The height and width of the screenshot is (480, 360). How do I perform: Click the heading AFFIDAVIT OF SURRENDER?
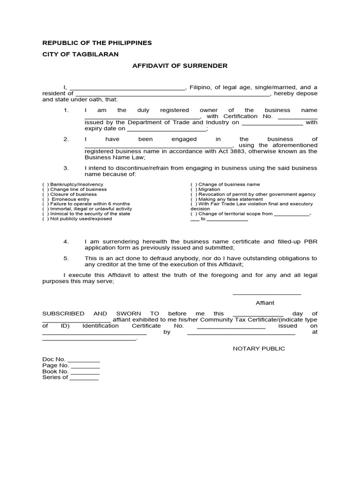click(180, 66)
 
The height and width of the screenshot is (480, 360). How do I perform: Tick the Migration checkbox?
click(193, 189)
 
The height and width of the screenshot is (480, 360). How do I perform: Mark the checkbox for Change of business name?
click(193, 185)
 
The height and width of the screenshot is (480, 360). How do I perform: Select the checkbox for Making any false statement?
click(193, 199)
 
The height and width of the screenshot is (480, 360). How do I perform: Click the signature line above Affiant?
click(267, 294)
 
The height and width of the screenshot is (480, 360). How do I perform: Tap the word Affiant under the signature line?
click(265, 303)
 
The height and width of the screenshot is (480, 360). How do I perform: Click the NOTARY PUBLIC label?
click(259, 349)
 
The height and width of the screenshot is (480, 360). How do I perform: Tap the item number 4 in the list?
click(66, 242)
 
